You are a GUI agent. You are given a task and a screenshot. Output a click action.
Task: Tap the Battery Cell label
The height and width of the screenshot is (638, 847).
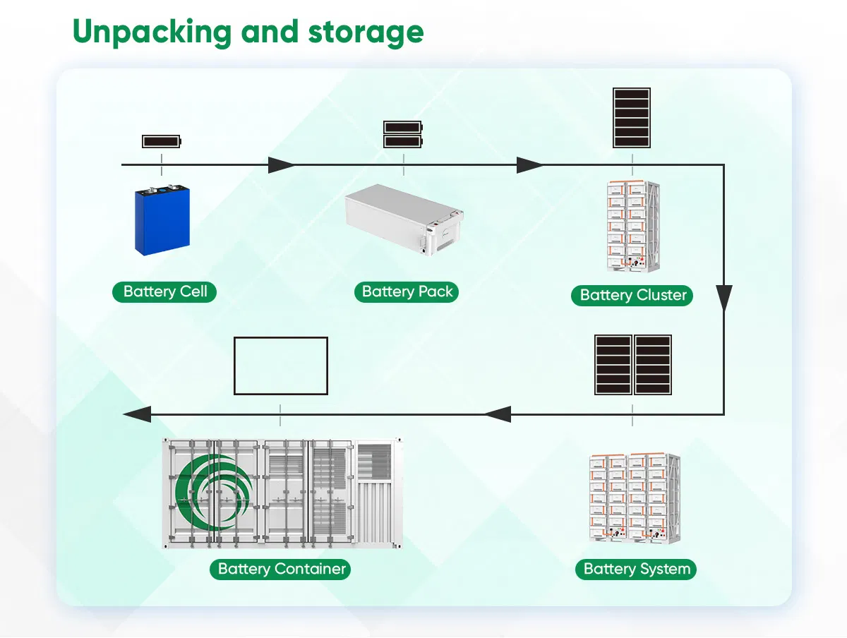(x=164, y=291)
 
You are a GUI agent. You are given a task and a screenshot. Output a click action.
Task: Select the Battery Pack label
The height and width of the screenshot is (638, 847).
(x=407, y=291)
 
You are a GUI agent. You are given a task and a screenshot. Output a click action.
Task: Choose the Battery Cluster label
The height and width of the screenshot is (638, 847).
(x=632, y=295)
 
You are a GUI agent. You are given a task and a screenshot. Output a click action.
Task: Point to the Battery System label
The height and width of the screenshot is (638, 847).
(x=636, y=569)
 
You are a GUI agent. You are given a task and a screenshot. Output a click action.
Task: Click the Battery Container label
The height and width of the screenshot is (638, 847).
(x=281, y=569)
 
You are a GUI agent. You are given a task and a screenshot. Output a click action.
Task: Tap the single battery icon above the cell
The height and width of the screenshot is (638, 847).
(x=162, y=141)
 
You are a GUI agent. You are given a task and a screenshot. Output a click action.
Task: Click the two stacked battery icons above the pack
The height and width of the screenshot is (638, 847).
(x=403, y=134)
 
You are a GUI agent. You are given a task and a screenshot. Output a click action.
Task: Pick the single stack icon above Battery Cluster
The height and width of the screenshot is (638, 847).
(x=632, y=118)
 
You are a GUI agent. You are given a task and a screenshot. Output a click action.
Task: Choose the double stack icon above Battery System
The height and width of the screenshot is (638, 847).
(x=632, y=365)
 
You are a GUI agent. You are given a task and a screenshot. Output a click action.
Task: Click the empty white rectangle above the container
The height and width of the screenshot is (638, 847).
(x=281, y=366)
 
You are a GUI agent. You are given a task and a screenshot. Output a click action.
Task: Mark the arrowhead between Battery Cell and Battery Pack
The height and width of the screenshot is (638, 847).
(x=281, y=165)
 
